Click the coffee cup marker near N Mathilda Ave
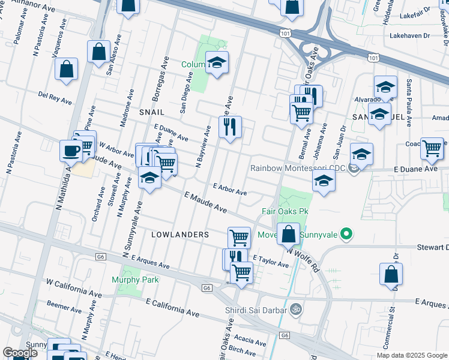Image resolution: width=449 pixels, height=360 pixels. pos(71,151)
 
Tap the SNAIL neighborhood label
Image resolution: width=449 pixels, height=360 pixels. pos(152,112)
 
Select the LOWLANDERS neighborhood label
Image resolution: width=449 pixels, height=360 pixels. pos(179,235)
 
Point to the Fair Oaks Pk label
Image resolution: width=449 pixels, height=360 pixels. pos(285,212)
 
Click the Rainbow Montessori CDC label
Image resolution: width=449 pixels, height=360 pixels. pos(298,169)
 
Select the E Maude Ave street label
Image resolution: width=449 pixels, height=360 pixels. pos(205,203)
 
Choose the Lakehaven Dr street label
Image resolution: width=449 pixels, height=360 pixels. pos(406,35)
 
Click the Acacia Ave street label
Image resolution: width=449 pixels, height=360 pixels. pos(250,338)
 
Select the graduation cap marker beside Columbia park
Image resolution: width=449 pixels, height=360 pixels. pos(217,62)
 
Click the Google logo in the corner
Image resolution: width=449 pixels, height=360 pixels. pos(20,353)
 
